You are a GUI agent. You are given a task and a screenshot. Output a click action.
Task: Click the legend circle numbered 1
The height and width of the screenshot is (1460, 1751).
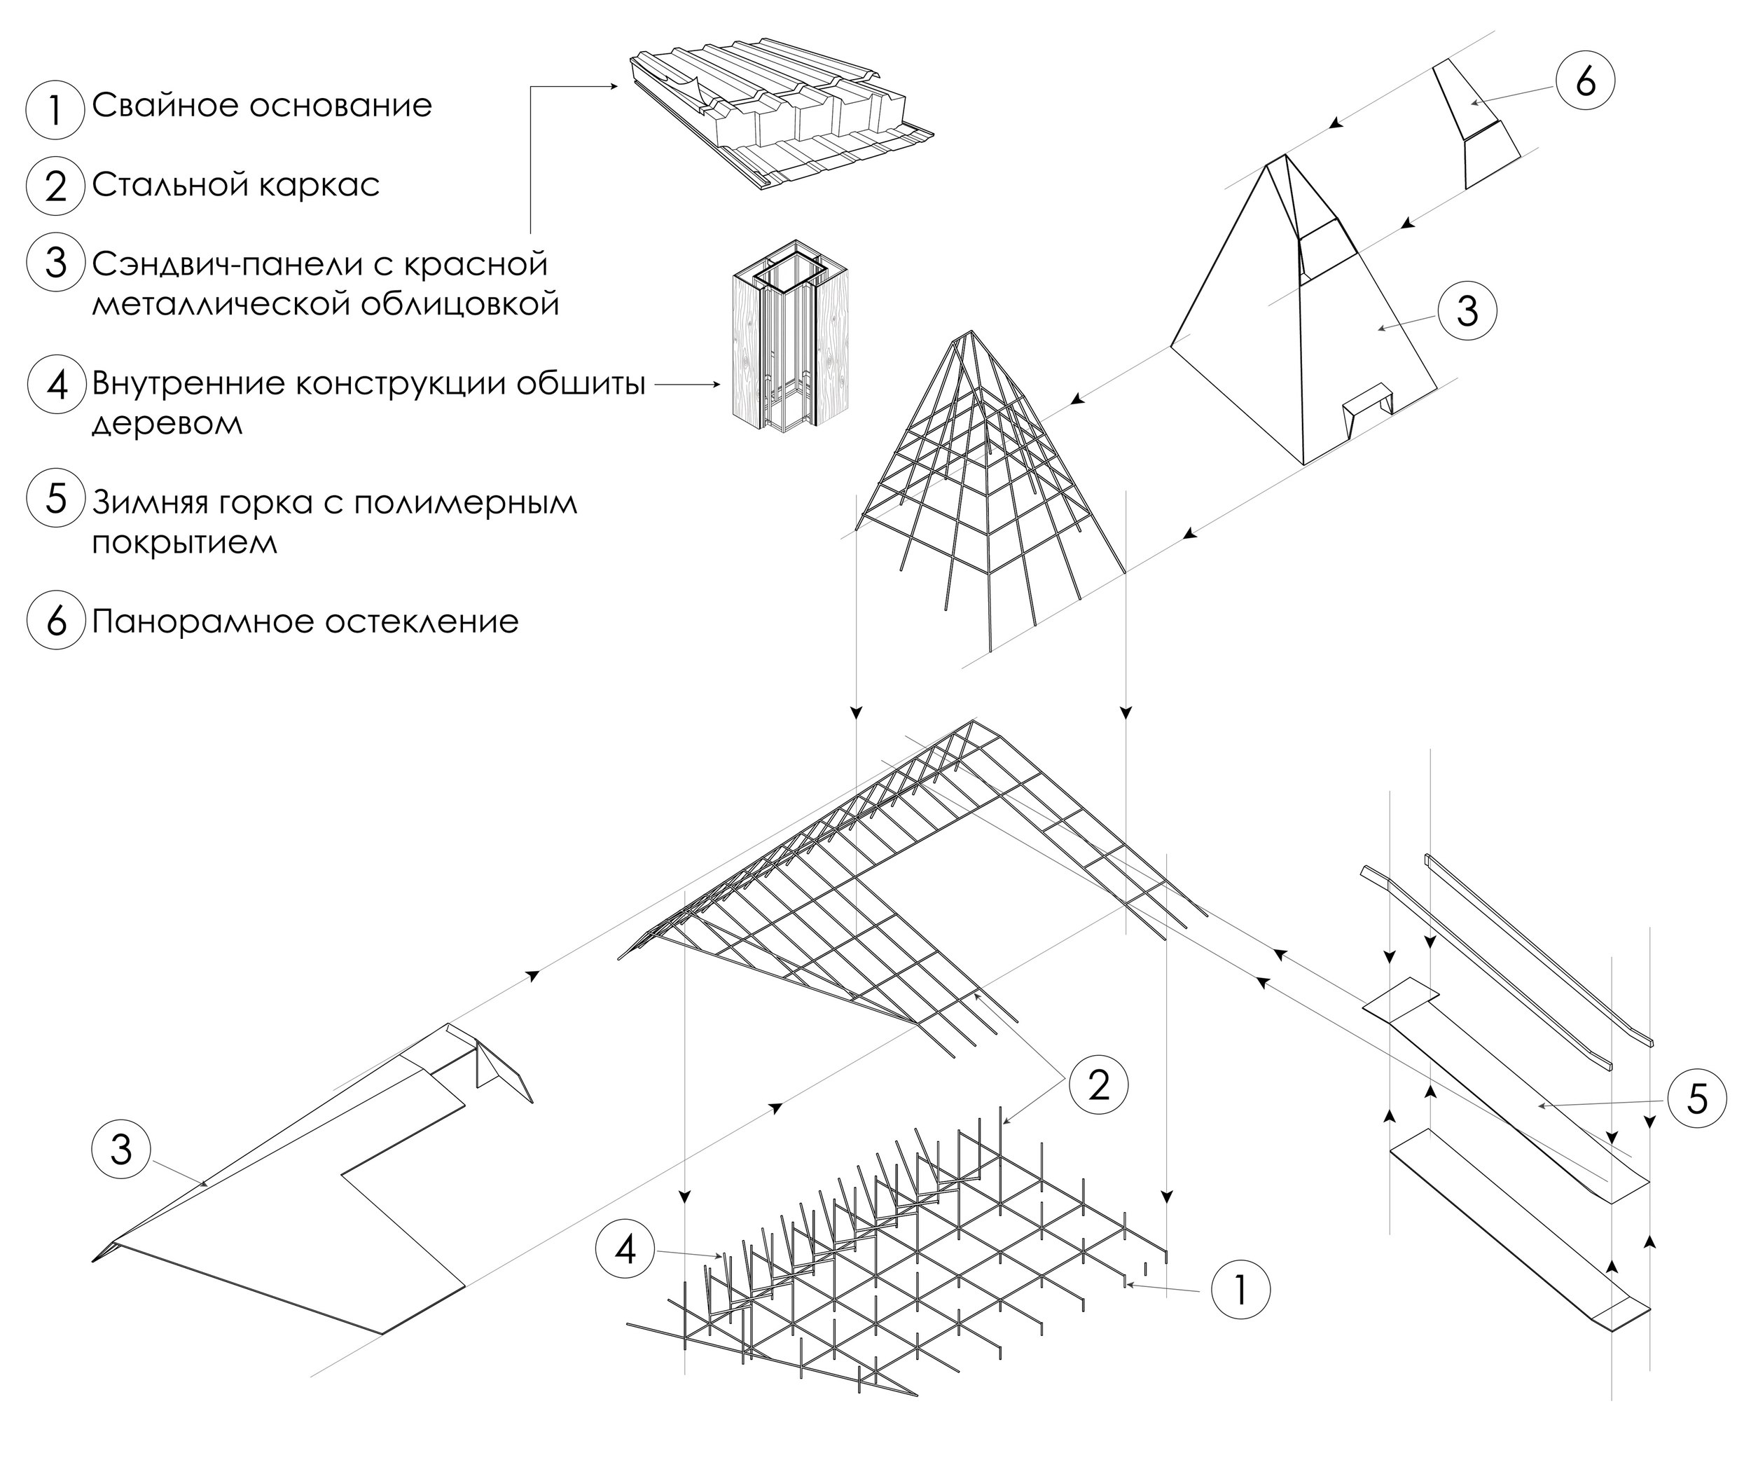pyautogui.click(x=55, y=109)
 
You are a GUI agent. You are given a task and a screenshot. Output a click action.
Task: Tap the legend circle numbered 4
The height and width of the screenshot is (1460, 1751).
pyautogui.click(x=55, y=385)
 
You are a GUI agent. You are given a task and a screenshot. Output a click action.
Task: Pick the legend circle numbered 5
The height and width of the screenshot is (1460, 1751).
pyautogui.click(x=55, y=500)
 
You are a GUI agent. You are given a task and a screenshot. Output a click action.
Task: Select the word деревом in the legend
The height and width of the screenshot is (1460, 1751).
pyautogui.click(x=167, y=424)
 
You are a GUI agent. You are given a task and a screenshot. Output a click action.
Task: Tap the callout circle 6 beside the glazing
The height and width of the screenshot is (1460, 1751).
pyautogui.click(x=1585, y=83)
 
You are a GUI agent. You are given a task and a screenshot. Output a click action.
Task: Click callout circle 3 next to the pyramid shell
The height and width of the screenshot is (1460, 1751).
pyautogui.click(x=1467, y=311)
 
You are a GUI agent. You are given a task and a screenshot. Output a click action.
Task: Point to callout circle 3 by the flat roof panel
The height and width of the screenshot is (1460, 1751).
pyautogui.click(x=122, y=1150)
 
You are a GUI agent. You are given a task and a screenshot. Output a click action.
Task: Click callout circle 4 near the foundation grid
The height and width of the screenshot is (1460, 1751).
pyautogui.click(x=625, y=1250)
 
